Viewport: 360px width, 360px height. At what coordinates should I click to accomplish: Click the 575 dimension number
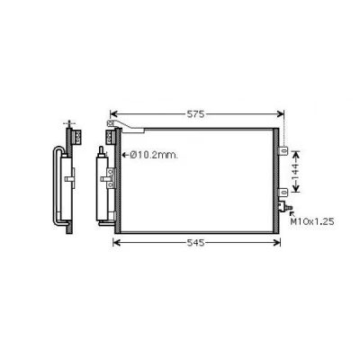click(195, 114)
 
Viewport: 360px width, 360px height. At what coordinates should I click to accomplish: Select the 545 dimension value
click(195, 243)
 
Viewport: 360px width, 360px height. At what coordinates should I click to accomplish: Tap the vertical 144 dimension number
click(295, 172)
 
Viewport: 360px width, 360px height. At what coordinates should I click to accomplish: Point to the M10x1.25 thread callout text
click(312, 221)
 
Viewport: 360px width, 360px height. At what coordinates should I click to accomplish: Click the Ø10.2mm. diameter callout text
click(154, 155)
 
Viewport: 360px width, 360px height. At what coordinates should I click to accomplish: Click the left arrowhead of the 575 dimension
click(113, 114)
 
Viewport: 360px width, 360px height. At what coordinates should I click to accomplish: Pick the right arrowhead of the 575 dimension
click(281, 114)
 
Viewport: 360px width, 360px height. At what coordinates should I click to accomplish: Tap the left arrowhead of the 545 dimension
click(116, 243)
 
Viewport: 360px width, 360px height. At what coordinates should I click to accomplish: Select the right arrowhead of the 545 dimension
click(277, 243)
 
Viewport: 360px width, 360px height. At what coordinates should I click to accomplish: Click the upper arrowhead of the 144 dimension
click(296, 154)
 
